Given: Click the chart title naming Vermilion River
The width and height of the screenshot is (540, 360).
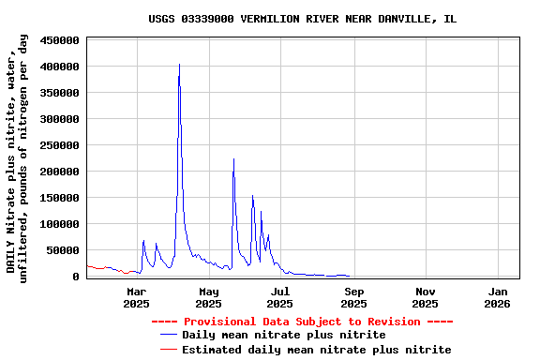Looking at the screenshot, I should click(x=302, y=19).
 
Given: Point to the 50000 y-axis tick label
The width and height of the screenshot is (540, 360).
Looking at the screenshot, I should click(x=63, y=250).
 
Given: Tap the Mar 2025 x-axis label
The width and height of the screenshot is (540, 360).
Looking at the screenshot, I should click(x=136, y=297).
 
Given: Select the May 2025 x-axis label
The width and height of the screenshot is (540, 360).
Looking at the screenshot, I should click(x=208, y=297).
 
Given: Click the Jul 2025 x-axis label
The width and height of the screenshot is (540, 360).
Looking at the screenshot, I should click(x=279, y=297).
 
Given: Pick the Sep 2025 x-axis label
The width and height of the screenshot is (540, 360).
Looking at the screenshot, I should click(x=353, y=297).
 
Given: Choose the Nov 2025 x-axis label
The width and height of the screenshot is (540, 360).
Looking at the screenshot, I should click(x=425, y=297).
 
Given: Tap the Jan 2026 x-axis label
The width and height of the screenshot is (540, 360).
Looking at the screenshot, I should click(x=497, y=297).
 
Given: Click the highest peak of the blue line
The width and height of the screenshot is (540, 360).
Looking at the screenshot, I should click(x=179, y=65).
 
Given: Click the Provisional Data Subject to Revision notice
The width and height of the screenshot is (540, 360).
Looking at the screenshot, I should click(x=302, y=322).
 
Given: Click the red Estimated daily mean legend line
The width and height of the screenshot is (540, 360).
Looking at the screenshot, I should click(x=169, y=349).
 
